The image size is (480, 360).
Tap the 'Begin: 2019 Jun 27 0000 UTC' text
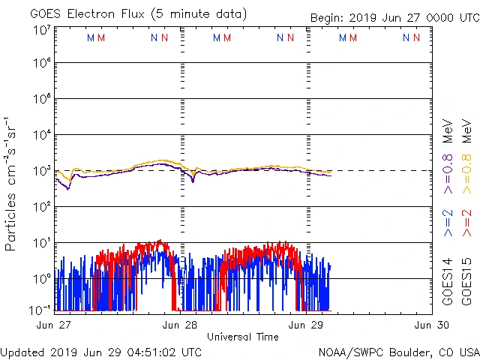[x=394, y=18]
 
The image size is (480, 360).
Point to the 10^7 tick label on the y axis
[x=41, y=30]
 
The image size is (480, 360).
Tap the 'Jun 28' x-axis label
[x=180, y=325]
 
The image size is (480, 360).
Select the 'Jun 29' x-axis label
[x=307, y=325]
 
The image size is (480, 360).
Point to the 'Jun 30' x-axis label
[x=433, y=325]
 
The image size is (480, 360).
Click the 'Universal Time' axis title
[x=242, y=337]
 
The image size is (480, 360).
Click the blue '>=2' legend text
[x=448, y=223]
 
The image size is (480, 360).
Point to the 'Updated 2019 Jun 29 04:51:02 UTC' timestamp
[x=101, y=352]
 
